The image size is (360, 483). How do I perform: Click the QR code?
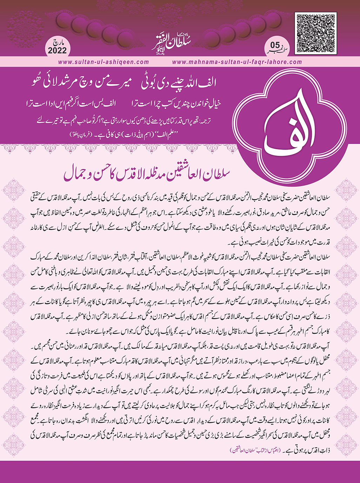[315, 34]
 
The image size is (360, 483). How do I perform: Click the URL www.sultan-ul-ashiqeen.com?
[104, 62]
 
